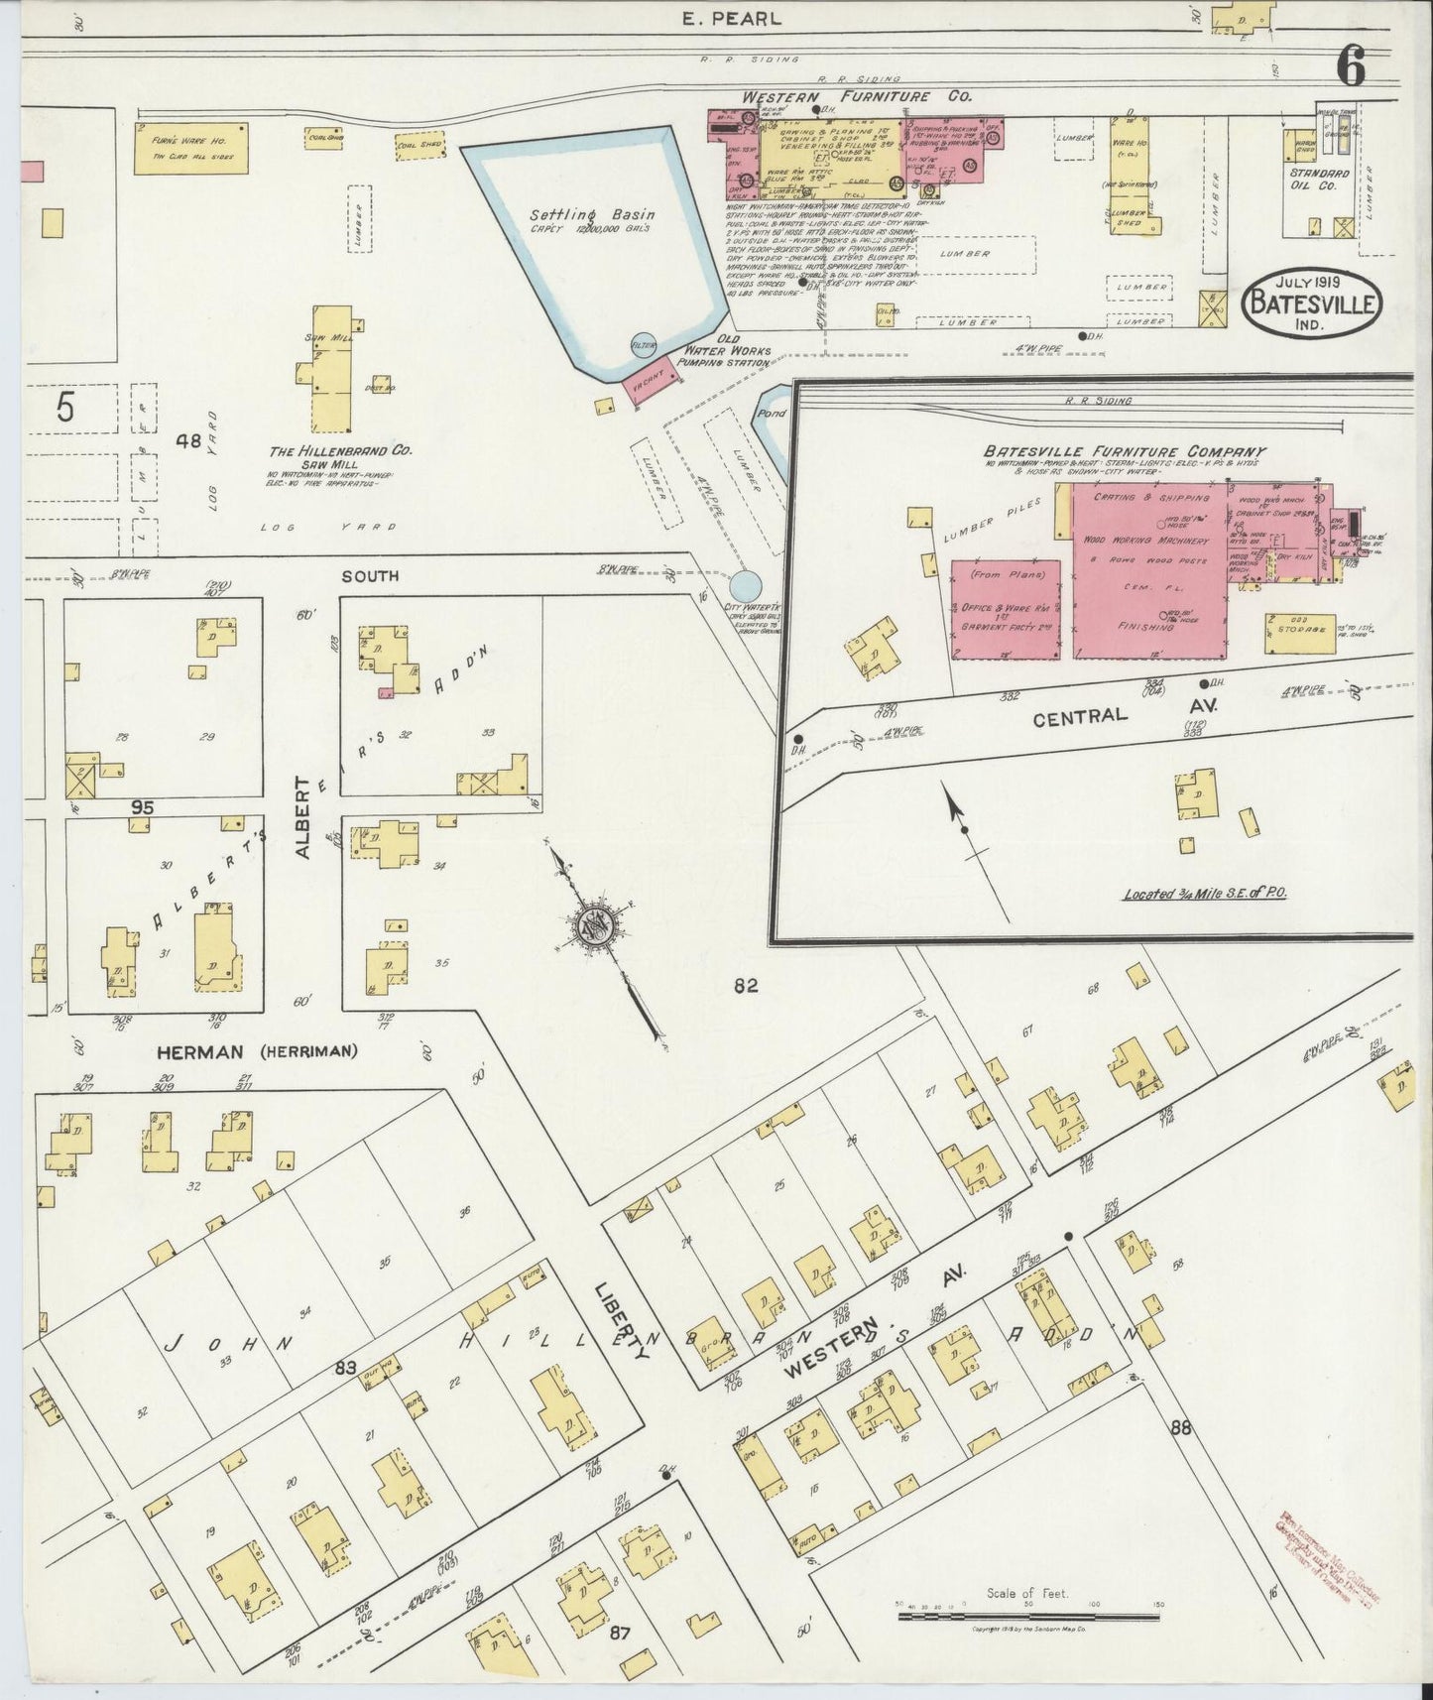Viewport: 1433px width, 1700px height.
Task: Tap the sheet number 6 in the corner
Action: pos(1350,66)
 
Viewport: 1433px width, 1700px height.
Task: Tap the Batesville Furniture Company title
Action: pos(1127,451)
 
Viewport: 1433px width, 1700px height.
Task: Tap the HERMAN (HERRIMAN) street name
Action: pos(256,1052)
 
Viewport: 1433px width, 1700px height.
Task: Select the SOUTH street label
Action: pos(370,575)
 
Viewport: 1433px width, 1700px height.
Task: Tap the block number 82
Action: pos(746,985)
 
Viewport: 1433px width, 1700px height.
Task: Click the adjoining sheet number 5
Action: pos(64,408)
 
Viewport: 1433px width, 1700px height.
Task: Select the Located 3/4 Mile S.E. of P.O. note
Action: pos(1204,894)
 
